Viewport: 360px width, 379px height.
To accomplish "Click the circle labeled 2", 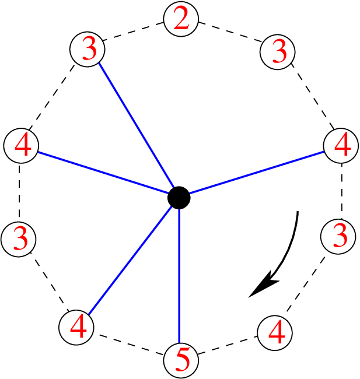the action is click(181, 19).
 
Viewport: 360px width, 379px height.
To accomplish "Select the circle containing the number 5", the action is click(181, 360).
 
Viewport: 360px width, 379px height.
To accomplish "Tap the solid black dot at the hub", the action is click(179, 198).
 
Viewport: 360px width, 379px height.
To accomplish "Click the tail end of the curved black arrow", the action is click(298, 212).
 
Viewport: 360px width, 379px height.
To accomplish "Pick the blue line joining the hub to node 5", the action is click(179, 276).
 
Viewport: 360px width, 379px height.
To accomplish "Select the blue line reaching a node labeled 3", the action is click(137, 125).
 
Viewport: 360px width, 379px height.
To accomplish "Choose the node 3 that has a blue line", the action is click(88, 49).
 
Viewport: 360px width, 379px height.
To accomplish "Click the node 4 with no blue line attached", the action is click(275, 333).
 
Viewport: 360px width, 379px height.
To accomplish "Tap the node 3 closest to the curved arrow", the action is click(338, 237).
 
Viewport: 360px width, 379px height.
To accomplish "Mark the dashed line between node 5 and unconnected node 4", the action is click(228, 345).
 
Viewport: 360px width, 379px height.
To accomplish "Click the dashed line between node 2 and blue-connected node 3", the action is click(134, 31).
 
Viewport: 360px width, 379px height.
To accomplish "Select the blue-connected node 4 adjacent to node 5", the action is click(76, 328).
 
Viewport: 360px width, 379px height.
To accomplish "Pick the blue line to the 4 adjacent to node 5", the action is click(130, 261).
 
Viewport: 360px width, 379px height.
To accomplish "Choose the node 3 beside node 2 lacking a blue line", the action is click(278, 52).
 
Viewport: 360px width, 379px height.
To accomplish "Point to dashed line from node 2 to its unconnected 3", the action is click(230, 32).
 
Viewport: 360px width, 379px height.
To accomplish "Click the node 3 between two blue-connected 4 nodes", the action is click(19, 239).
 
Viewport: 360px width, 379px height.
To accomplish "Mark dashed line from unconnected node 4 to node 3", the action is click(306, 284).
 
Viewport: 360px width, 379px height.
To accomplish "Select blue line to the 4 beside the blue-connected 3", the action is click(103, 173).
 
